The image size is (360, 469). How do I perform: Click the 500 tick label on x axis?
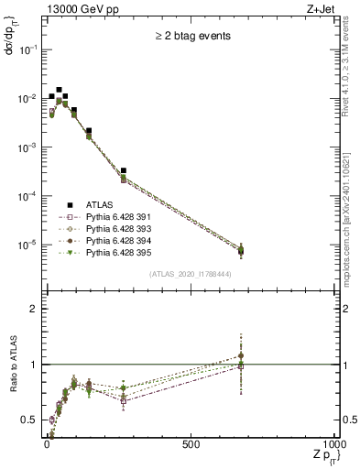(x=191, y=443)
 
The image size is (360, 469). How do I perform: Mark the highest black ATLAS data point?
(x=60, y=90)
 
